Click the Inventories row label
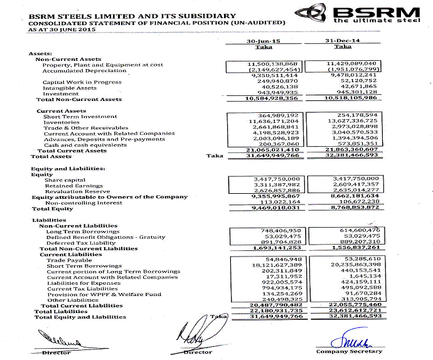61,122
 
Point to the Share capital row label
65,181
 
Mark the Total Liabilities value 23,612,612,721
352,311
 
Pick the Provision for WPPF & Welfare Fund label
104,294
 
